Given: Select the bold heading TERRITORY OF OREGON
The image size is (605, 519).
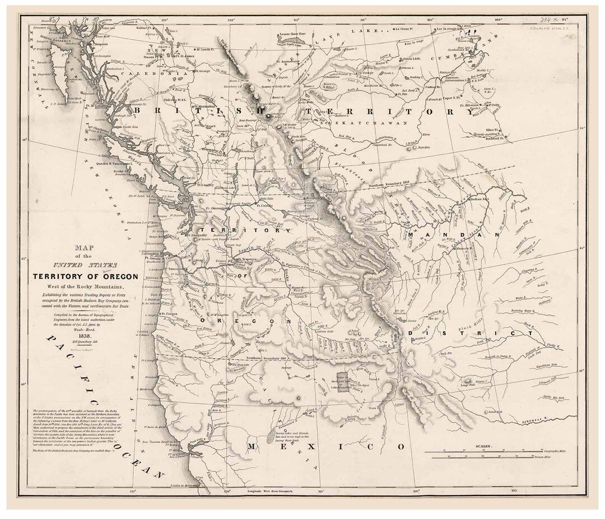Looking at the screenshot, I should (x=82, y=276).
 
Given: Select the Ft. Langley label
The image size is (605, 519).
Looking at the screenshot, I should (x=205, y=183).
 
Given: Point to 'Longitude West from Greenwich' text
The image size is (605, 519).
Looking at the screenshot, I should (x=269, y=490).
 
